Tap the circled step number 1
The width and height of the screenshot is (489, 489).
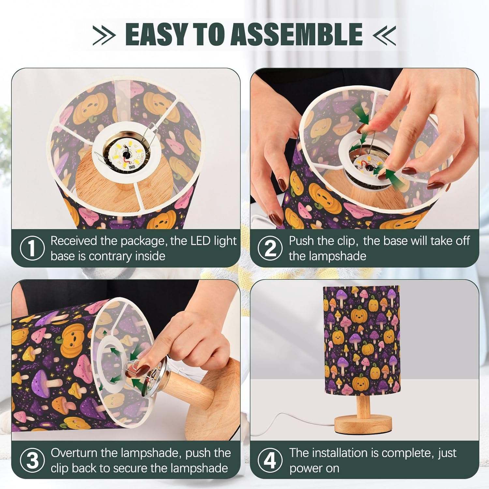32,248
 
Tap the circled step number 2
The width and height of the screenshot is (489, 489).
270,248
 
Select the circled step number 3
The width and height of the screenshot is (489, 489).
32,461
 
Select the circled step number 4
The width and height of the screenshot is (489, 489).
270,461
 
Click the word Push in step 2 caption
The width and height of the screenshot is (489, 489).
301,241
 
